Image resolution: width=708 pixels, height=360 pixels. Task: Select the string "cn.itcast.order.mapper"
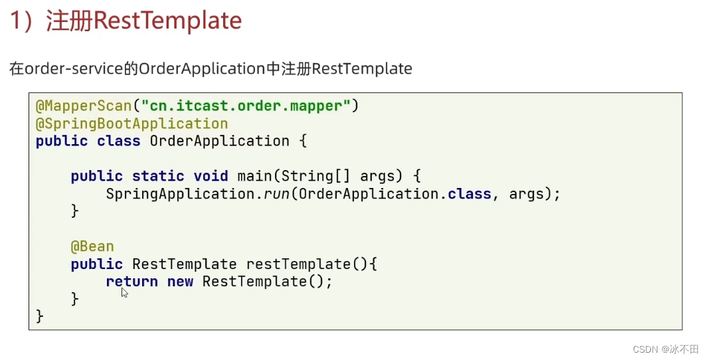(246, 106)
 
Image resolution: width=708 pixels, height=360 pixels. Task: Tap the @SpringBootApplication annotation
(132, 124)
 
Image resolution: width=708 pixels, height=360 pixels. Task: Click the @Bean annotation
(92, 246)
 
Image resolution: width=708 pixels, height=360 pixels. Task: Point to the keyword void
(211, 176)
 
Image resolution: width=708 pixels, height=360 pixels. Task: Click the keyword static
(158, 176)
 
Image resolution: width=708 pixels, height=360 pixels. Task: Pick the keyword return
(132, 282)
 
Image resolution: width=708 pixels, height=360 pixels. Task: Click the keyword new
(180, 282)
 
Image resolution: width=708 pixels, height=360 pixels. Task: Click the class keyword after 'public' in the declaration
(119, 141)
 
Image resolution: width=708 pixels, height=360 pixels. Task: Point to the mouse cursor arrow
(124, 292)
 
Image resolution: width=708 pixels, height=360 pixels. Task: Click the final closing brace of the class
(40, 316)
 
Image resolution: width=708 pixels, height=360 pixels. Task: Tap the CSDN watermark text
(644, 349)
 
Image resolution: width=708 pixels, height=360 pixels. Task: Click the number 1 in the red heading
(15, 21)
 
